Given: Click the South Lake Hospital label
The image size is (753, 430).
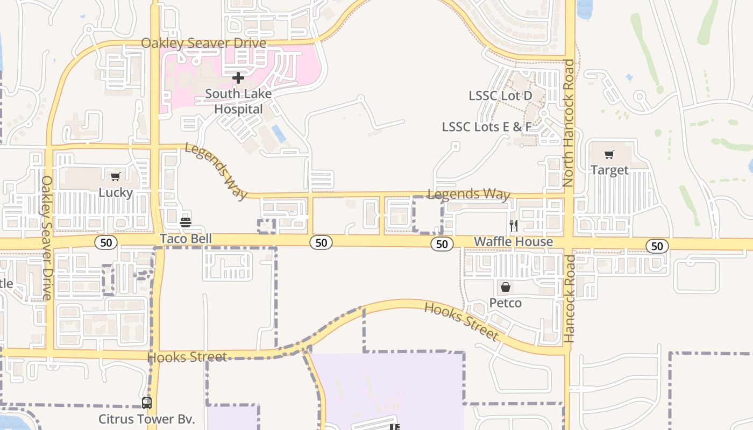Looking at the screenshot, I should pyautogui.click(x=238, y=102).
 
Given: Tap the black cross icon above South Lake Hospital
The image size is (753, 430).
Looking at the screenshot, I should pyautogui.click(x=238, y=78).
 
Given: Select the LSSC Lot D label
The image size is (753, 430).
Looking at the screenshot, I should pyautogui.click(x=500, y=96).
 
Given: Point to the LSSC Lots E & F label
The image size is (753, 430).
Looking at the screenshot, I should pyautogui.click(x=486, y=127).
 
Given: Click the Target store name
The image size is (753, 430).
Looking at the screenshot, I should pyautogui.click(x=609, y=170).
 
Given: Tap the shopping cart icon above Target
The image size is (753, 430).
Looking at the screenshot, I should pyautogui.click(x=609, y=155).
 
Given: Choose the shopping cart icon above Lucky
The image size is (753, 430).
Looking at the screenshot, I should pyautogui.click(x=116, y=177).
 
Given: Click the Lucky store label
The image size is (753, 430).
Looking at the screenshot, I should pyautogui.click(x=116, y=192).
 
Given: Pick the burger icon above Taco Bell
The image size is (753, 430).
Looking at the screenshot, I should pyautogui.click(x=186, y=221).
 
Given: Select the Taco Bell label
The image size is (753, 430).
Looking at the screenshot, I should pyautogui.click(x=186, y=239).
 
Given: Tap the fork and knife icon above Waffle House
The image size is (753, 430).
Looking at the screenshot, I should pyautogui.click(x=514, y=226).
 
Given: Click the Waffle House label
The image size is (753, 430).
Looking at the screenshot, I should pyautogui.click(x=513, y=242).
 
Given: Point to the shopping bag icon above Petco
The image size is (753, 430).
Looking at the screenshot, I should pyautogui.click(x=505, y=287).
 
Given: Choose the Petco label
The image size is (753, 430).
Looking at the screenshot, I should pyautogui.click(x=505, y=303).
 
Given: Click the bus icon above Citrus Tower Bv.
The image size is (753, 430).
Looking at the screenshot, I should pyautogui.click(x=146, y=403).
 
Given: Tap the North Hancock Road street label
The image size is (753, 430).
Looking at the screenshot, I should pyautogui.click(x=569, y=123).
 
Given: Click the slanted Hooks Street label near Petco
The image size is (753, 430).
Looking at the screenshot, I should pyautogui.click(x=461, y=321).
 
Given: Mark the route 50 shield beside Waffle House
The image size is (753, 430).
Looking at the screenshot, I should pyautogui.click(x=442, y=244).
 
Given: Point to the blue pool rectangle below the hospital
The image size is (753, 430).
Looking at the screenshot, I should pyautogui.click(x=279, y=133).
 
